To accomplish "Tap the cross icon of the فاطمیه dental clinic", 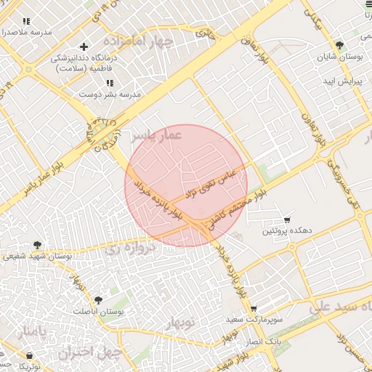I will pyautogui.click(x=84, y=47).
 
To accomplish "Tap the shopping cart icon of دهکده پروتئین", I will pyautogui.click(x=287, y=219).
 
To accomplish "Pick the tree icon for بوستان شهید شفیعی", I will pyautogui.click(x=37, y=246).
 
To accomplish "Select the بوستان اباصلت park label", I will pyautogui.click(x=99, y=310).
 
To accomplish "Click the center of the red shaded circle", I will pyautogui.click(x=186, y=186).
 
